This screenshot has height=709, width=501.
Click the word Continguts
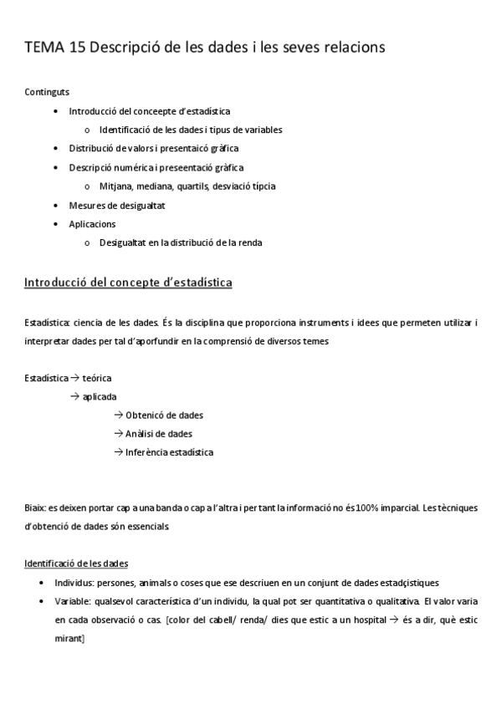(x=47, y=92)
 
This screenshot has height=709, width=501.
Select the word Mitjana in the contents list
(x=115, y=186)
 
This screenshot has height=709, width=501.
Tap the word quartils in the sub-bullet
(x=196, y=186)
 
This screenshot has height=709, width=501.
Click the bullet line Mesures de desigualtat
(x=117, y=206)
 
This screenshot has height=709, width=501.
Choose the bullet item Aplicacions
(x=92, y=224)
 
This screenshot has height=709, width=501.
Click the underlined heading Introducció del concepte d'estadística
(x=129, y=283)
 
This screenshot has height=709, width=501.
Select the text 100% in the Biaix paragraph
(x=373, y=508)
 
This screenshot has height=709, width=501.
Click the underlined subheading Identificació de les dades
(x=76, y=564)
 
